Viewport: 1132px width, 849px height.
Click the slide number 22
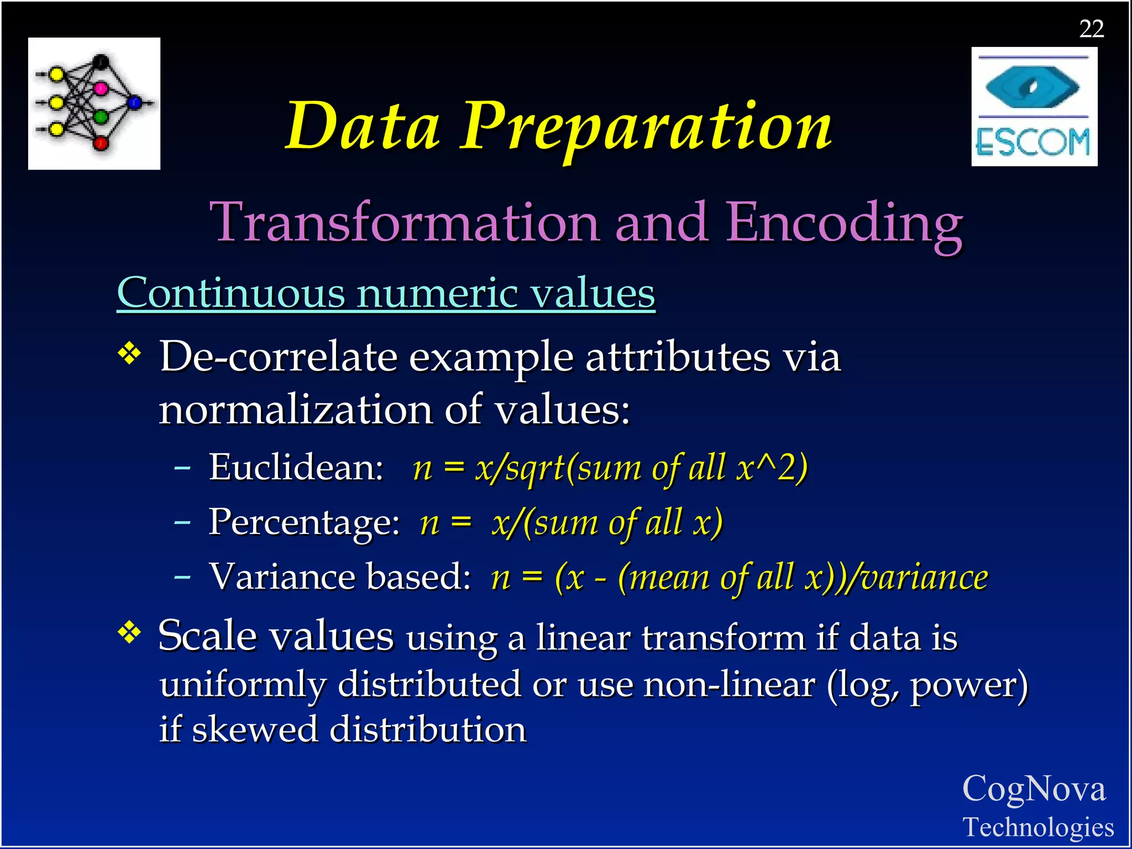(1091, 29)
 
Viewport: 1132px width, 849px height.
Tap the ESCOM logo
(1034, 107)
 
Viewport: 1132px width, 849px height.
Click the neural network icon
(94, 103)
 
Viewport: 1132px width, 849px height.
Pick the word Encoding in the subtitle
(844, 222)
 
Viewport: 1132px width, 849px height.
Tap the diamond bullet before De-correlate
(130, 354)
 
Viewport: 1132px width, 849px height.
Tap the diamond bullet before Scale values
(130, 633)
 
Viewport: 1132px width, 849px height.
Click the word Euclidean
(296, 468)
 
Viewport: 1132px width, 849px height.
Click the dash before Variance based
(182, 578)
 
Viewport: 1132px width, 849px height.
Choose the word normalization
(295, 410)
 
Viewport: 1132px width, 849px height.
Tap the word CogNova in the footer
(1034, 789)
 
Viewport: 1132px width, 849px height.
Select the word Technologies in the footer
(1038, 827)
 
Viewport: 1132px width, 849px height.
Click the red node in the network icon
(101, 144)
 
